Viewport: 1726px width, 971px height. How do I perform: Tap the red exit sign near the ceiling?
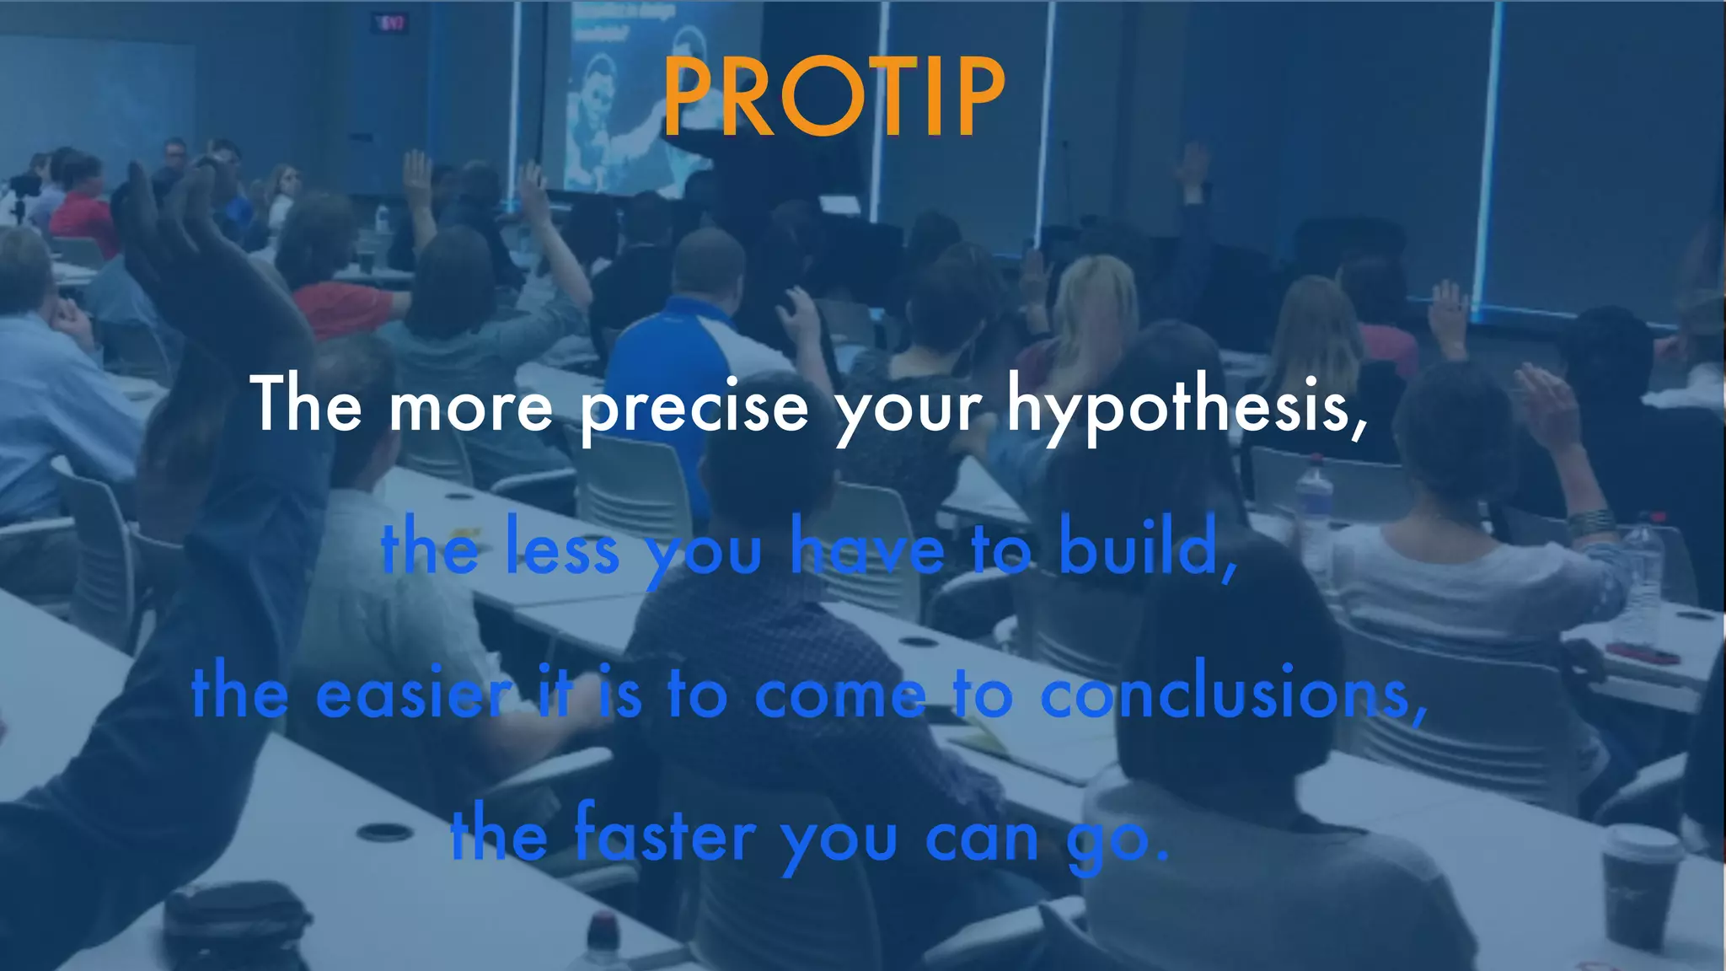coord(390,24)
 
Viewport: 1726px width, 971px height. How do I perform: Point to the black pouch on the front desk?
coord(236,923)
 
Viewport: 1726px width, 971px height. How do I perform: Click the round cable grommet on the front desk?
coord(383,832)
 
